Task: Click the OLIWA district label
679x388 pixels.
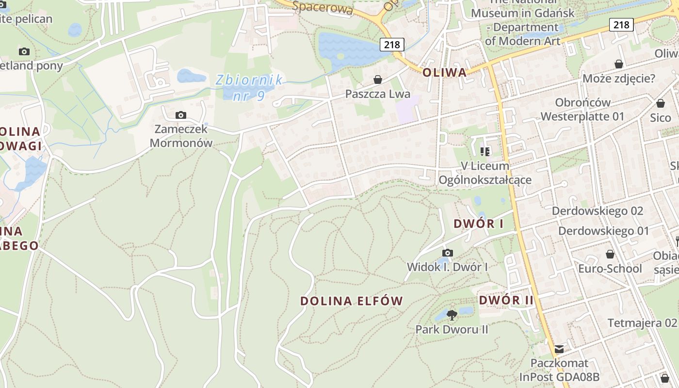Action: (x=444, y=73)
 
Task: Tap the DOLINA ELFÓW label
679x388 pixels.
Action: (x=352, y=301)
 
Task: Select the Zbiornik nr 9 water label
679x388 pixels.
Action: (x=249, y=87)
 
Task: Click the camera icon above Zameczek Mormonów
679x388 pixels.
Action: (x=181, y=115)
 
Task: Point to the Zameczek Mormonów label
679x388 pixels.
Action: (x=181, y=136)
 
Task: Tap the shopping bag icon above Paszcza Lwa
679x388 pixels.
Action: (x=378, y=79)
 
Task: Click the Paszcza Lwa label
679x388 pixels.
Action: (x=378, y=94)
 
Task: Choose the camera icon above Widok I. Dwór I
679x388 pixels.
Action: (x=447, y=253)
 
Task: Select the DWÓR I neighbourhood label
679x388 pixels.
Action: (x=478, y=224)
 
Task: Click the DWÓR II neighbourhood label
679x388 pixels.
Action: (x=506, y=300)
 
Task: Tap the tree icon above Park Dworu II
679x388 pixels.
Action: (x=452, y=315)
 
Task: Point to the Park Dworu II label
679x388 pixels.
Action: (x=452, y=330)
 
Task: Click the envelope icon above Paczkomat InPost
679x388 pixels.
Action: (x=559, y=349)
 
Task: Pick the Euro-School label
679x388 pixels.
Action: (x=610, y=269)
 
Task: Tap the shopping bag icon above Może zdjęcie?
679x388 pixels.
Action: (x=619, y=64)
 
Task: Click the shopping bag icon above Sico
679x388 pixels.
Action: (x=660, y=103)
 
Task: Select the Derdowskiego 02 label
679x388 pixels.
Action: (x=598, y=211)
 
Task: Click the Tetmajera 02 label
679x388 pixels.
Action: (x=642, y=323)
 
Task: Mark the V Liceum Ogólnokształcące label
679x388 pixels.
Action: (x=485, y=173)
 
